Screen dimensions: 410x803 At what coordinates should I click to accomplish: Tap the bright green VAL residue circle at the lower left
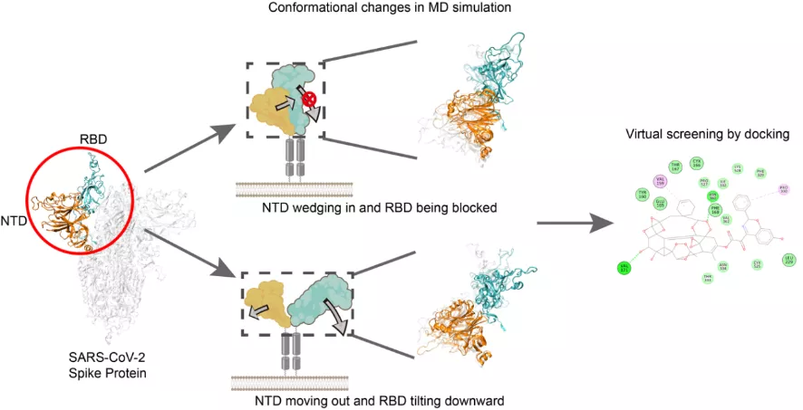624,268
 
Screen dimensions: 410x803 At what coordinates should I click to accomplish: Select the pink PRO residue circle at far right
784,190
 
